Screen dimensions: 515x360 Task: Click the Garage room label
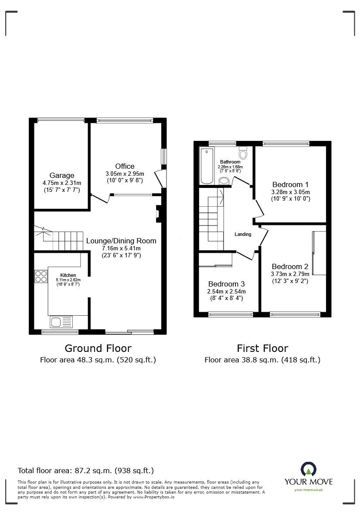pyautogui.click(x=61, y=176)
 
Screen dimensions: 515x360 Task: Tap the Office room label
pyautogui.click(x=125, y=166)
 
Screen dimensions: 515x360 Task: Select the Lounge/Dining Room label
pyautogui.click(x=121, y=241)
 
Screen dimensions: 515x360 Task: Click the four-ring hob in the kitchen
pyautogui.click(x=41, y=276)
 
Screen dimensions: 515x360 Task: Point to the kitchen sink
pyautogui.click(x=61, y=322)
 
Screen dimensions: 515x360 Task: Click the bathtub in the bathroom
pyautogui.click(x=206, y=165)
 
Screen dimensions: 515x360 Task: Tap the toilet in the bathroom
pyautogui.click(x=243, y=153)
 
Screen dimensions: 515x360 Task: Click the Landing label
pyautogui.click(x=243, y=234)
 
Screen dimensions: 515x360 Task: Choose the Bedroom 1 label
pyautogui.click(x=290, y=184)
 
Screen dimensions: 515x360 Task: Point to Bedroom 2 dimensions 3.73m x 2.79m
pyautogui.click(x=290, y=274)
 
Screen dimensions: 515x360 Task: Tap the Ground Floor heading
pyautogui.click(x=98, y=348)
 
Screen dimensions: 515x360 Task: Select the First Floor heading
pyautogui.click(x=262, y=348)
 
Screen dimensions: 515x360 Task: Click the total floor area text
pyautogui.click(x=85, y=471)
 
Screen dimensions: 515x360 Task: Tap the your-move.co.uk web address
pyautogui.click(x=309, y=490)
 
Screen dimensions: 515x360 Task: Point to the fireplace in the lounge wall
pyautogui.click(x=158, y=214)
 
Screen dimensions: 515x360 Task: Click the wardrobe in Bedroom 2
pyautogui.click(x=319, y=253)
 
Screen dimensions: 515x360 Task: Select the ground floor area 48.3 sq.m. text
pyautogui.click(x=98, y=360)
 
